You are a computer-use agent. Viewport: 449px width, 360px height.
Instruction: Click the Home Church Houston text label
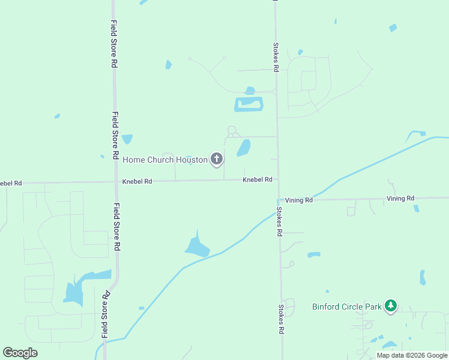(165, 160)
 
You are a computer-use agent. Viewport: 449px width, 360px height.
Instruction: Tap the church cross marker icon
(217, 159)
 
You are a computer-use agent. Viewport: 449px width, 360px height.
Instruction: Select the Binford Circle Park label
(347, 307)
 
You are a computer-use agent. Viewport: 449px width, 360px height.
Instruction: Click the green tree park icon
(391, 306)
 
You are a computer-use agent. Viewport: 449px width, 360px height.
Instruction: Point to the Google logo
(20, 352)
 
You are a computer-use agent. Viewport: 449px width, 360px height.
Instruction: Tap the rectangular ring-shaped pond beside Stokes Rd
(249, 104)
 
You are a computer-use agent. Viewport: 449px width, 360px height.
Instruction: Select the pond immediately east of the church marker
(244, 147)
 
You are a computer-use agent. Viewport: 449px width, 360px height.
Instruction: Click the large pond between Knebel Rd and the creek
(197, 245)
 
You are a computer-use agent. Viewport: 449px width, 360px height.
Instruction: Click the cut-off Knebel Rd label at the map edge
(10, 182)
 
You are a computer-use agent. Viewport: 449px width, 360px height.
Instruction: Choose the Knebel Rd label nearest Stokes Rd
(258, 179)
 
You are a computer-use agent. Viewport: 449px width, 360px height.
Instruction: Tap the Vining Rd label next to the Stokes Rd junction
(299, 200)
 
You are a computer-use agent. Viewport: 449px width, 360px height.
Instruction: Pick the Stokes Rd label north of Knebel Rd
(276, 57)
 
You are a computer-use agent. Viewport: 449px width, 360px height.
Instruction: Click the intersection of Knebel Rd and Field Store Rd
(116, 181)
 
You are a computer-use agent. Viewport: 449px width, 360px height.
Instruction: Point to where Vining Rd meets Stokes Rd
(278, 199)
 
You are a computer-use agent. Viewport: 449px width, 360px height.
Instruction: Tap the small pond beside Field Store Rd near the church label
(127, 139)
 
